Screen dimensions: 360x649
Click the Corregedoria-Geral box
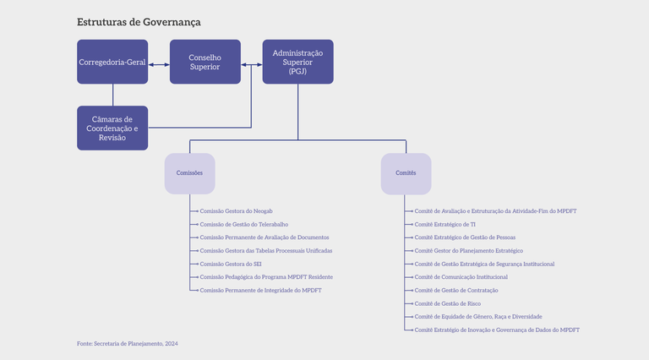(112, 62)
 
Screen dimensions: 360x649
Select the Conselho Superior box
(205, 62)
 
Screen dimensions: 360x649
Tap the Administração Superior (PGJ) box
(297, 62)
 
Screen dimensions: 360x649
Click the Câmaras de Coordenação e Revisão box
(112, 128)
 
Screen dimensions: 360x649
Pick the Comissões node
(189, 173)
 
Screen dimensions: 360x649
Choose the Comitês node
(406, 173)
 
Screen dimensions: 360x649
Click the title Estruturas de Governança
(139, 22)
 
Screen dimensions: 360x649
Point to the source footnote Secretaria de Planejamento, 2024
(128, 344)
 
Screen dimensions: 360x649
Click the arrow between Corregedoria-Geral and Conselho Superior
(159, 64)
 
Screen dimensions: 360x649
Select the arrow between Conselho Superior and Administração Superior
(252, 64)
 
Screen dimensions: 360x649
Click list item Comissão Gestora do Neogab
(236, 210)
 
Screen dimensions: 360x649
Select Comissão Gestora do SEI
(231, 264)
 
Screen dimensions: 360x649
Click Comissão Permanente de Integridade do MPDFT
(260, 290)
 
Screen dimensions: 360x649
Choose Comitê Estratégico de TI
(444, 224)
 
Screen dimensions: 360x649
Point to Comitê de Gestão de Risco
(448, 303)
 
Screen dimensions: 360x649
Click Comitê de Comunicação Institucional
(461, 277)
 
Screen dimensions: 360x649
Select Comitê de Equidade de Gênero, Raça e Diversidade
(478, 316)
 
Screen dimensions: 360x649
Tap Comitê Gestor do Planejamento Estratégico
(468, 250)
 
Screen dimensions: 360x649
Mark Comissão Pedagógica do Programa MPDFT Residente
(266, 277)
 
